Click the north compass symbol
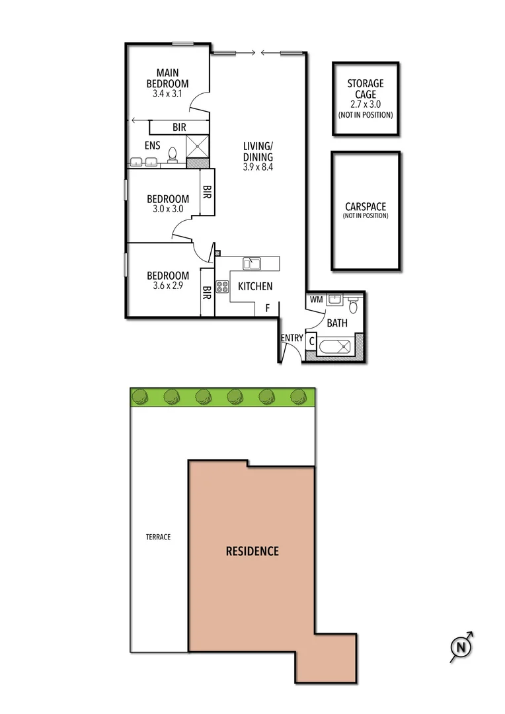point(461,646)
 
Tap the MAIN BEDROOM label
point(167,78)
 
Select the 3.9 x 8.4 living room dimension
point(257,167)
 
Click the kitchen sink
point(252,264)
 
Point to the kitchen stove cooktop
point(222,287)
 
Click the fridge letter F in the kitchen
point(267,307)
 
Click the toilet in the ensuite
point(173,155)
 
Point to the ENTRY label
point(291,338)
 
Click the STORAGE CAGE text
point(366,89)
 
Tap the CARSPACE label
point(366,206)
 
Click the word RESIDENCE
point(252,551)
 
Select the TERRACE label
point(159,537)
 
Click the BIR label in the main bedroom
point(179,126)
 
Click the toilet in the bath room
point(353,306)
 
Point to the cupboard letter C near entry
point(311,341)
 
